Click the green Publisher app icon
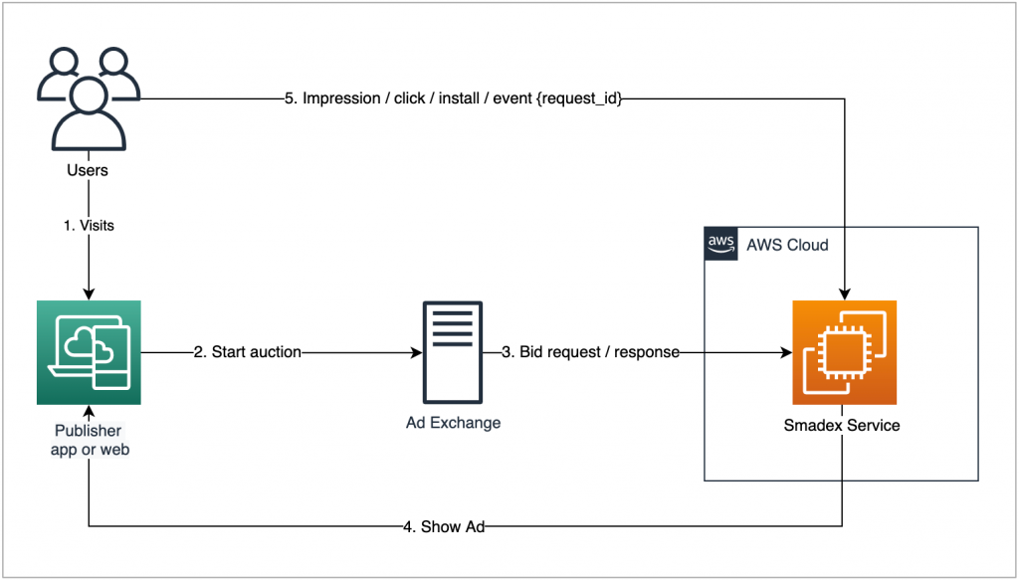point(89,352)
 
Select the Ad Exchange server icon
point(453,352)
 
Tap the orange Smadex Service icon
point(844,352)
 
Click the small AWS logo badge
point(719,244)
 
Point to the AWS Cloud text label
point(786,245)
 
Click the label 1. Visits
point(89,226)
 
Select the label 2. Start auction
point(247,352)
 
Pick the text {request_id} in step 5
point(577,98)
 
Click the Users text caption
point(88,170)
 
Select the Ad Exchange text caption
point(453,423)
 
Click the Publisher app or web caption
point(88,439)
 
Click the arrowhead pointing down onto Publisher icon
point(89,293)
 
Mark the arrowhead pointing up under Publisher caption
point(89,411)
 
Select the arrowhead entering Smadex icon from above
point(844,293)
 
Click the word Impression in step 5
point(340,98)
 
